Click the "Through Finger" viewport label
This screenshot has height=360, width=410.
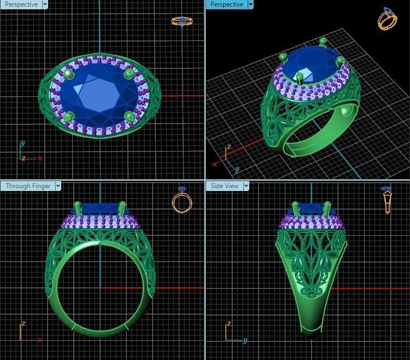pyautogui.click(x=28, y=186)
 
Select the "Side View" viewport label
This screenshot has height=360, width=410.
pyautogui.click(x=224, y=186)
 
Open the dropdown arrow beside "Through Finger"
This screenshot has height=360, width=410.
pyautogui.click(x=57, y=186)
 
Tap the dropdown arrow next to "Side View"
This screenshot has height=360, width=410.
pyautogui.click(x=246, y=186)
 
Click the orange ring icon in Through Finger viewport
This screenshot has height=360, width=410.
pyautogui.click(x=181, y=201)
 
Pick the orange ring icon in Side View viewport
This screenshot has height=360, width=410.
pyautogui.click(x=387, y=200)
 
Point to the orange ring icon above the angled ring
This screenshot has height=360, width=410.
pyautogui.click(x=387, y=19)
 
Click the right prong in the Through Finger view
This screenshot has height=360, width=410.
pyautogui.click(x=122, y=208)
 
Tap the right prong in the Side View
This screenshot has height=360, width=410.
pyautogui.click(x=327, y=208)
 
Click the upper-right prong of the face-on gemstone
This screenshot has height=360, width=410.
pyautogui.click(x=130, y=72)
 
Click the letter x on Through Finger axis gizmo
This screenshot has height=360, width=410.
pyautogui.click(x=39, y=341)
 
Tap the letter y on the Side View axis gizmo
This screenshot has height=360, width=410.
pyautogui.click(x=244, y=341)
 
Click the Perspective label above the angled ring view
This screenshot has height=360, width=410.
pyautogui.click(x=226, y=4)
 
